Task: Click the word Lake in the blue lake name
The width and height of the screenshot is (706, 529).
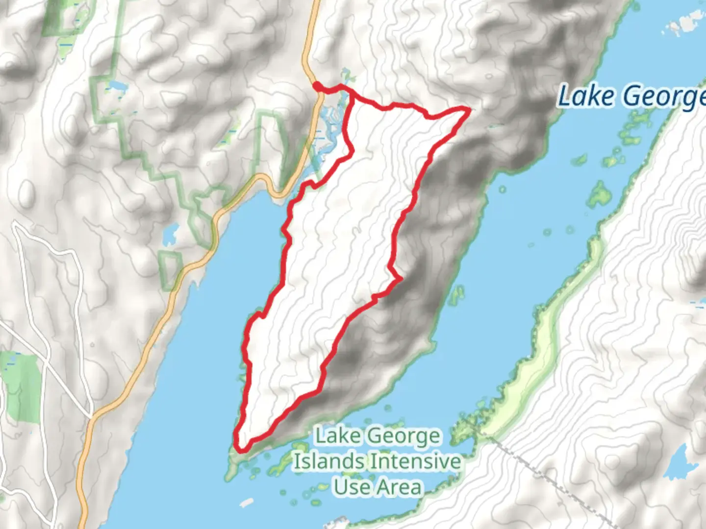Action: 586,96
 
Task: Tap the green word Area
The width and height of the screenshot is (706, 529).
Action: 398,487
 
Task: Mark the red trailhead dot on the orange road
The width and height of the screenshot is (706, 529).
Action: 318,87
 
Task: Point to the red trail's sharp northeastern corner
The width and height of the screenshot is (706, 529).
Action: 468,109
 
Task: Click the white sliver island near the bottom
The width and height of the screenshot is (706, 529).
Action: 247,503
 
